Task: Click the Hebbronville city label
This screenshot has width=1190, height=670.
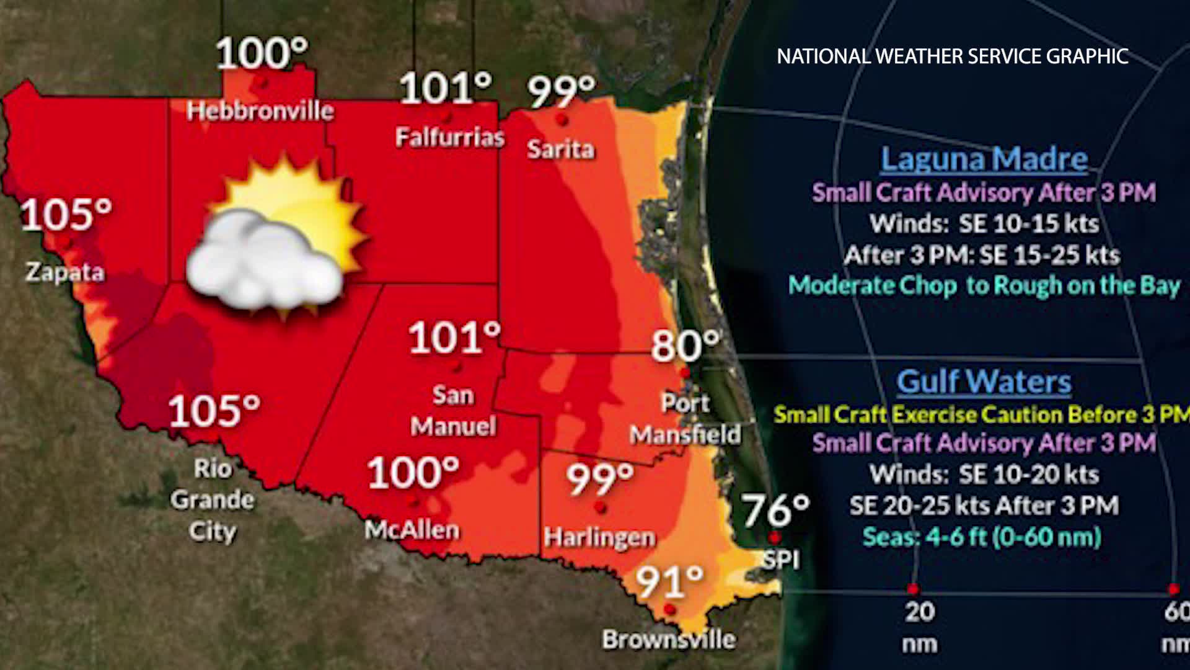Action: coord(260,111)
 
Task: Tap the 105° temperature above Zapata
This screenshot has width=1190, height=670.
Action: coord(66,215)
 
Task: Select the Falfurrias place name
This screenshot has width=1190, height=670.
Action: coord(450,137)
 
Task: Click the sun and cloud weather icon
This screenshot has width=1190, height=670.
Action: coord(276,239)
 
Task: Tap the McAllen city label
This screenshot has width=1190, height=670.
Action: coord(412,530)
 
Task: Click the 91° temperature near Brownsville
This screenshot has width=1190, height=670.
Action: coord(670,581)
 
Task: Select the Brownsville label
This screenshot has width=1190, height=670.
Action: coord(669,639)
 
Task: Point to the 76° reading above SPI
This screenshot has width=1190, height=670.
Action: coord(776,510)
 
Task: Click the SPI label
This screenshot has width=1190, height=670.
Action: coord(780,560)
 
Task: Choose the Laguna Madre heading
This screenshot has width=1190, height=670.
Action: coord(984,159)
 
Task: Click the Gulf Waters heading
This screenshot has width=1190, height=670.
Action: coord(984,382)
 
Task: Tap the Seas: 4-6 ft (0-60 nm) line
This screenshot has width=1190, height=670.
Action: coord(982,537)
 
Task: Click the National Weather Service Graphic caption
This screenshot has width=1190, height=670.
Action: coord(952,56)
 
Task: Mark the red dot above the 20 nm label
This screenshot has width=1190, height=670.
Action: coord(912,588)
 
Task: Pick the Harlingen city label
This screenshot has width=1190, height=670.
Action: coord(599,537)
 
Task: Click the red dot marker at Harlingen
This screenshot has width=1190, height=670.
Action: coord(599,508)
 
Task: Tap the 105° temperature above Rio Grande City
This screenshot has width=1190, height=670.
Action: coord(214,410)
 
